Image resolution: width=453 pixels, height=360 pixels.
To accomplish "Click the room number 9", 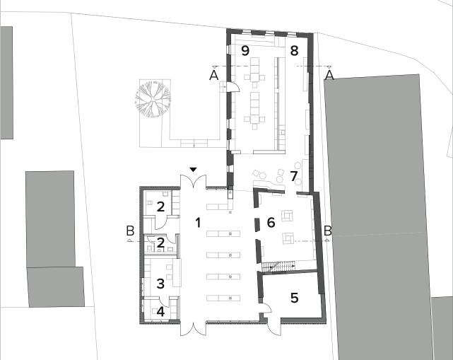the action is pyautogui.click(x=245, y=51).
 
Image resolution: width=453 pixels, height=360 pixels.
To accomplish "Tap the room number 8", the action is pyautogui.click(x=294, y=51).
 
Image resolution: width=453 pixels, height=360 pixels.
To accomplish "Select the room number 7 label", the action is pyautogui.click(x=293, y=176).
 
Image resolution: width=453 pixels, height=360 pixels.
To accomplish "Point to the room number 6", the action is pyautogui.click(x=271, y=223).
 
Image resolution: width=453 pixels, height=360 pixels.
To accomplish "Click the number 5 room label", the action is pyautogui.click(x=294, y=298).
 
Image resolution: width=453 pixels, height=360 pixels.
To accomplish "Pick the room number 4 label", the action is pyautogui.click(x=160, y=312).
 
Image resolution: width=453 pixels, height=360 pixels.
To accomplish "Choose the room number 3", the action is pyautogui.click(x=160, y=284).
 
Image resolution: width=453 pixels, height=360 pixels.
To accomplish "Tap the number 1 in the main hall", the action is pyautogui.click(x=198, y=223).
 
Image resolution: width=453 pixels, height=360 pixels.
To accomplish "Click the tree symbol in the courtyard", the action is pyautogui.click(x=152, y=100).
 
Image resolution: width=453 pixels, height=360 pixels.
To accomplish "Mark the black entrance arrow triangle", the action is pyautogui.click(x=193, y=170).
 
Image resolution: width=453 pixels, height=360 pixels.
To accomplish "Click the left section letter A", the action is pyautogui.click(x=214, y=76).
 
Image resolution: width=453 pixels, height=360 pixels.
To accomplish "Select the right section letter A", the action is pyautogui.click(x=329, y=76).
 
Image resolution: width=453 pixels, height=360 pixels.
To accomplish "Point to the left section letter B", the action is pyautogui.click(x=130, y=231).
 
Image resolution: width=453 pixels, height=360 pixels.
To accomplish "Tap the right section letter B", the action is pyautogui.click(x=328, y=231).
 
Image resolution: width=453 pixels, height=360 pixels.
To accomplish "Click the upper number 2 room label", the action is pyautogui.click(x=160, y=207).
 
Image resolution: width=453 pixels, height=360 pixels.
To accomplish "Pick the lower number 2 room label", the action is pyautogui.click(x=160, y=243).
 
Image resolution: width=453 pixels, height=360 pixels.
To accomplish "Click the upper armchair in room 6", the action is pyautogui.click(x=287, y=216).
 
